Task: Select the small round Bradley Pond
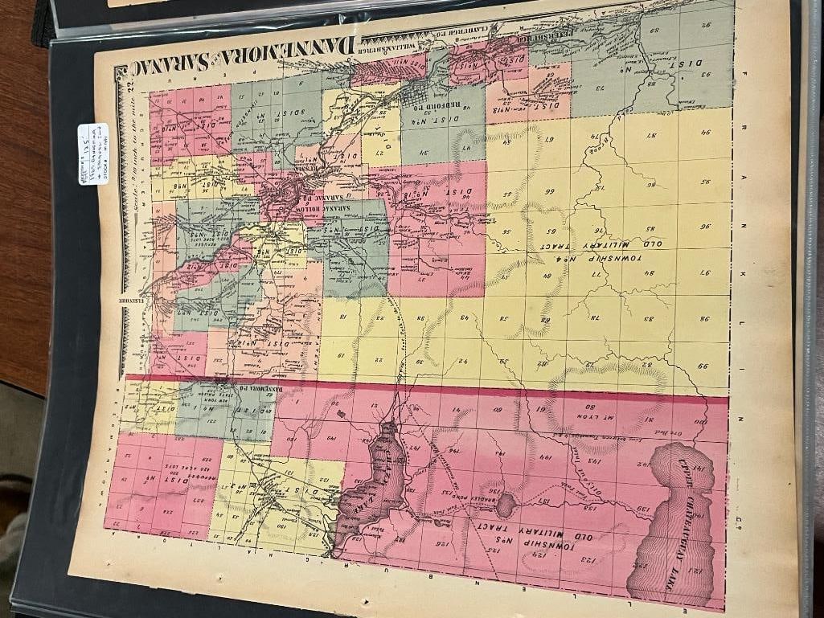click(x=505, y=505)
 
